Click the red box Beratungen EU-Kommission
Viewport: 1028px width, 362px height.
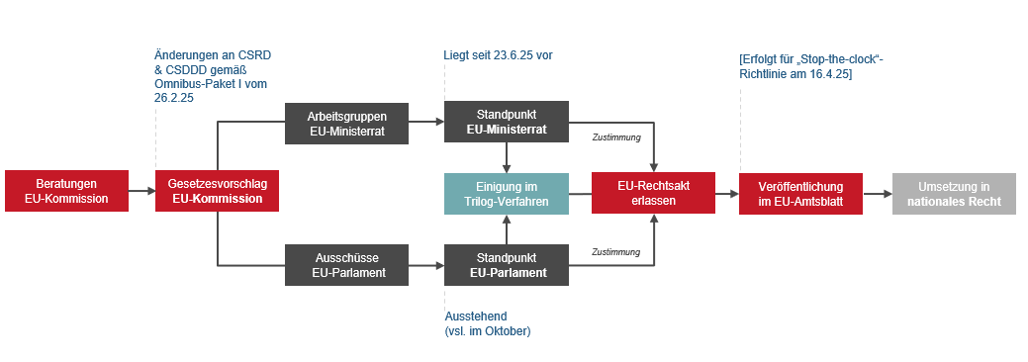click(x=66, y=192)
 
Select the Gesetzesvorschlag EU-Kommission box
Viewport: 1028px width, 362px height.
click(x=217, y=192)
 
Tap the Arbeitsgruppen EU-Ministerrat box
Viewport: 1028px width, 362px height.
click(x=346, y=123)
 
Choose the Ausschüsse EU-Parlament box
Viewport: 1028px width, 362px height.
click(x=346, y=265)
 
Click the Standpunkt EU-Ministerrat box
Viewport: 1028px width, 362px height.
click(x=507, y=123)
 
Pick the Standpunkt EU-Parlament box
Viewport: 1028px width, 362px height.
click(x=507, y=265)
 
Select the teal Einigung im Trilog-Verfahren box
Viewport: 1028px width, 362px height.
click(x=507, y=194)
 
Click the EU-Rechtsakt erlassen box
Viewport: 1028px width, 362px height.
click(x=653, y=194)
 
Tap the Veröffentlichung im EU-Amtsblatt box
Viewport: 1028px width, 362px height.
click(x=800, y=194)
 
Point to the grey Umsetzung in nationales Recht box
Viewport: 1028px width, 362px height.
click(x=953, y=194)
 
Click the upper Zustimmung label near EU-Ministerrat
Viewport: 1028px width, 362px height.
click(x=616, y=137)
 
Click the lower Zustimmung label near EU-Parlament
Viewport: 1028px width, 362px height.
click(x=616, y=252)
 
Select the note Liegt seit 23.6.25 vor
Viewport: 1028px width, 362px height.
click(x=498, y=54)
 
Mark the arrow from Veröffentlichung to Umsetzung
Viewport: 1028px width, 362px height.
click(x=877, y=194)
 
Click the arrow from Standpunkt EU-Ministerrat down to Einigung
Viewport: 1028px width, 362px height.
click(x=507, y=158)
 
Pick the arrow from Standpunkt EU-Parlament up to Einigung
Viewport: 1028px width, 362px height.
click(x=507, y=229)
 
